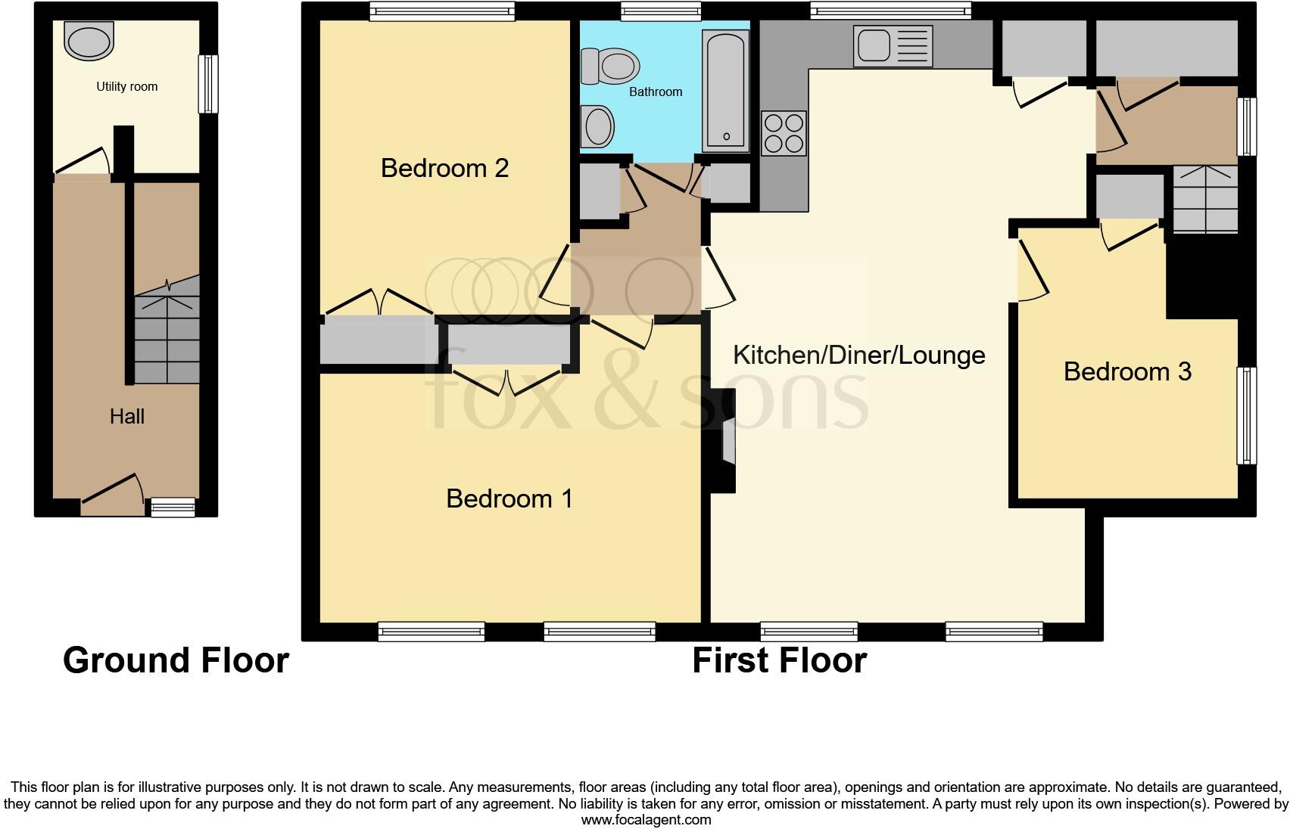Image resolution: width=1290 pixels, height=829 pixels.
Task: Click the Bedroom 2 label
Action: (444, 168)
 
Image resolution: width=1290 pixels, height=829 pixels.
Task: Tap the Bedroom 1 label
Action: (509, 498)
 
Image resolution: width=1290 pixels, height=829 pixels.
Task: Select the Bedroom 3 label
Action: (1126, 371)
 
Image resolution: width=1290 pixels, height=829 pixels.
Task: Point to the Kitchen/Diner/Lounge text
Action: (858, 355)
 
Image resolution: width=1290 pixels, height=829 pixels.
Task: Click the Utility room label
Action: (126, 86)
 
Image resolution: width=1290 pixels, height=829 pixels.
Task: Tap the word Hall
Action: (126, 416)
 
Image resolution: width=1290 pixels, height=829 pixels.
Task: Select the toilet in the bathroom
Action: (609, 66)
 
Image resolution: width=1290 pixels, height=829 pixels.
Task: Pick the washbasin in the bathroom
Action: (598, 126)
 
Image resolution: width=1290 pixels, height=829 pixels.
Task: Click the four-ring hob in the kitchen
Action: (784, 133)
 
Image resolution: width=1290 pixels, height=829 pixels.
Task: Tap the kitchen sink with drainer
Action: (893, 45)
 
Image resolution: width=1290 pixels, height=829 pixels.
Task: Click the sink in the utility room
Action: (89, 39)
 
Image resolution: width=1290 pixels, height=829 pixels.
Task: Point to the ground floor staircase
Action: (167, 333)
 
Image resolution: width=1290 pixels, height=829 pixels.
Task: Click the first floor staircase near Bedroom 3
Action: (1204, 198)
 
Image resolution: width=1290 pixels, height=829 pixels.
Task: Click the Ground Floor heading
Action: (176, 660)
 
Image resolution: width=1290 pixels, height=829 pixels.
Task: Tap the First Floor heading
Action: (779, 660)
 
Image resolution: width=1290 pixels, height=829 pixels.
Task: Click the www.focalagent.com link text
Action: (645, 819)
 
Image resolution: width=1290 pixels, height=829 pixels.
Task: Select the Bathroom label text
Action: (656, 92)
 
